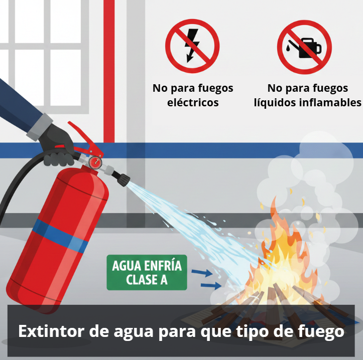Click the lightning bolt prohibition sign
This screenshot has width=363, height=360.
point(192,46)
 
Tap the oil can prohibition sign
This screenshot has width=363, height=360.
point(304,47)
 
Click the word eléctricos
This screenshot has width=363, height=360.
point(193,102)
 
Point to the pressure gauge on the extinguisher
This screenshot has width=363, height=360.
point(95,162)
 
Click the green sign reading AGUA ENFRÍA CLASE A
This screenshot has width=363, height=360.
point(147,272)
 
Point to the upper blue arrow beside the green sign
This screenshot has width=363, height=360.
point(202,273)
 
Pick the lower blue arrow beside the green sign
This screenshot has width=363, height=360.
point(211,286)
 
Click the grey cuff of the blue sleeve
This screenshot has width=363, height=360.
point(39,127)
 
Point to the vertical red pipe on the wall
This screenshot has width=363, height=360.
point(109,71)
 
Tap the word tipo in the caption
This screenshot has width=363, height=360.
point(253,332)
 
